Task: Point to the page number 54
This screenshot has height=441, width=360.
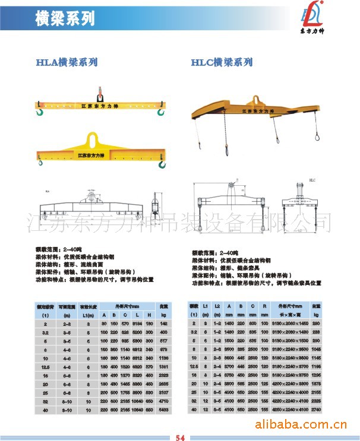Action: tap(180, 438)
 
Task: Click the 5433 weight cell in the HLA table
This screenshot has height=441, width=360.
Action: tap(165, 410)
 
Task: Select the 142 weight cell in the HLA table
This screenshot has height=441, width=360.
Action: tap(165, 324)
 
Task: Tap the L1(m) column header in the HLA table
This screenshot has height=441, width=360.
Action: tap(88, 314)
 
